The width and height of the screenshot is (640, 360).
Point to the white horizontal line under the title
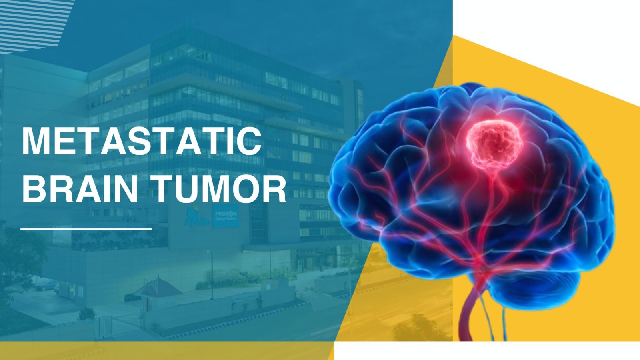(86, 229)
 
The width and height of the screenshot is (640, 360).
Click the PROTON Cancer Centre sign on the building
(226, 216)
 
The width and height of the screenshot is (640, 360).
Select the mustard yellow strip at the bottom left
(160, 351)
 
